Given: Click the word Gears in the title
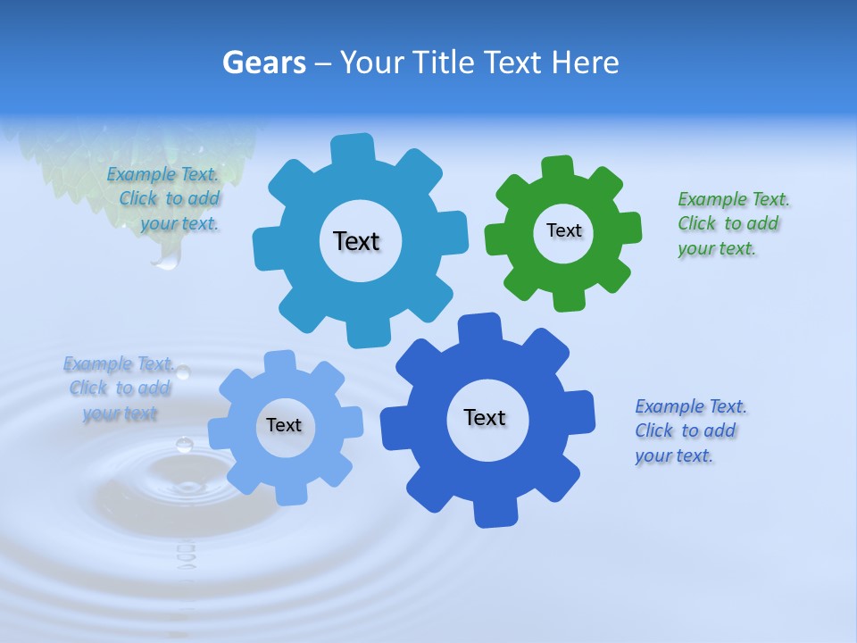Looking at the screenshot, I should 263,63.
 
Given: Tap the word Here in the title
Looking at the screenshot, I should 586,63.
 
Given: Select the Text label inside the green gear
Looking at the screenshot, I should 563,230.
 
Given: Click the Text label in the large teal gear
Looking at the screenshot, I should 356,241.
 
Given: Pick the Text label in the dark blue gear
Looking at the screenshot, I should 485,417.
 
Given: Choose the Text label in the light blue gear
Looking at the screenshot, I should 284,425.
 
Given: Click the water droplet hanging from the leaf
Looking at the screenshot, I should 166,259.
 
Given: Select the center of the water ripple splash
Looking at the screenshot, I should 187,487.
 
